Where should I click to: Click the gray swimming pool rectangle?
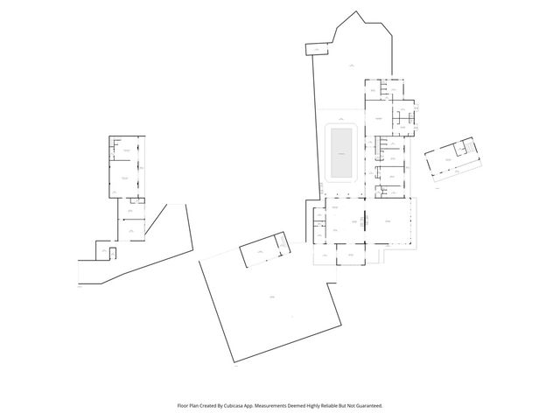[x=340, y=152]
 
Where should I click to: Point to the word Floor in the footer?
[x=183, y=405]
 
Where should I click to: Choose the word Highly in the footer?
[x=318, y=405]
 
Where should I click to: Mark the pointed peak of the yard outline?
[x=357, y=13]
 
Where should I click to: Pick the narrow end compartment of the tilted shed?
[x=280, y=242]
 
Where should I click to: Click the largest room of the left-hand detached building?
[x=126, y=178]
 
